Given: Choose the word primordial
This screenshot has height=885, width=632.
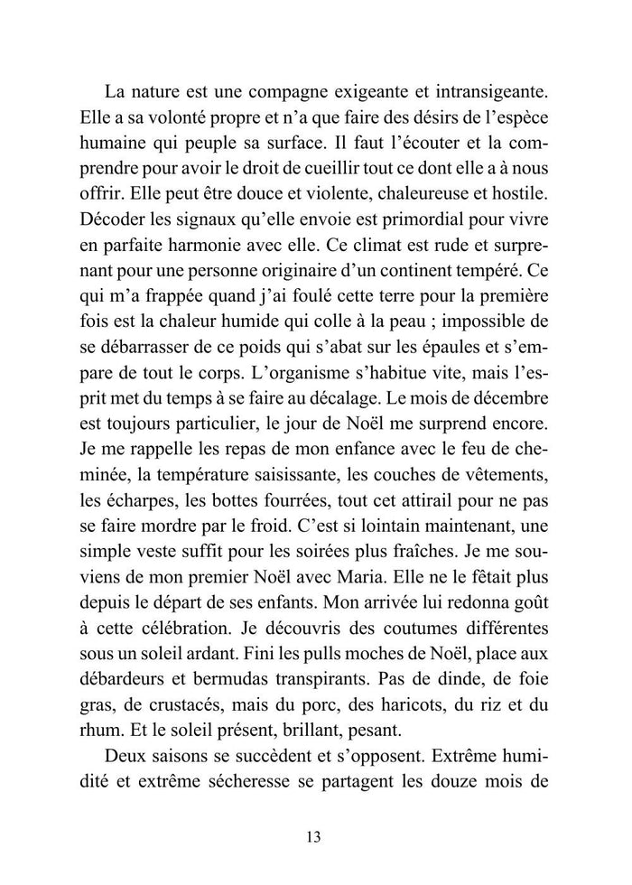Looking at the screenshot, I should pos(410,219).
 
